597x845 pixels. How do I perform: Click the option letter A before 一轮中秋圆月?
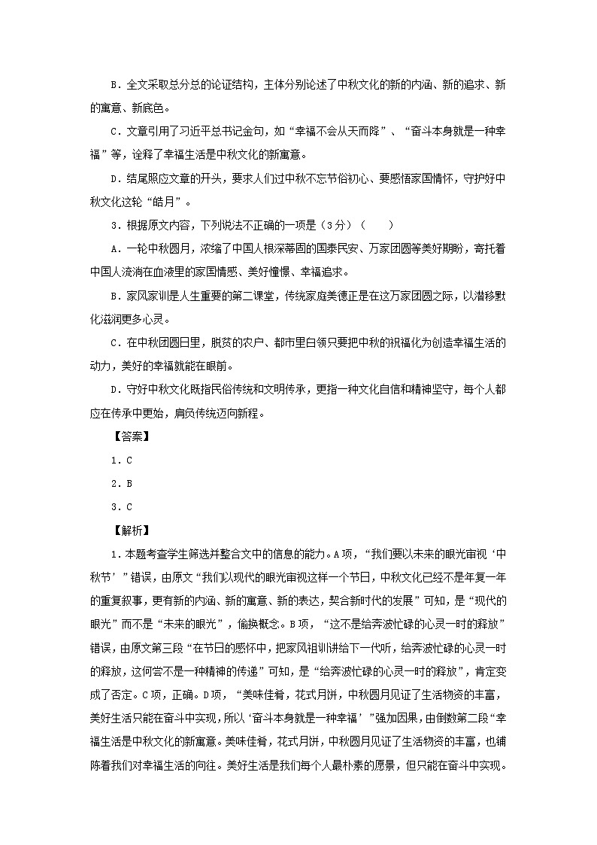click(x=114, y=249)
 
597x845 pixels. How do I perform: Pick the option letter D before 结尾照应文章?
click(x=114, y=178)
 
